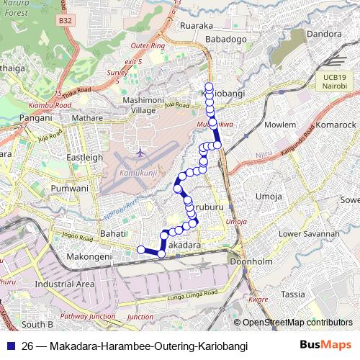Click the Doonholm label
pyautogui.click(x=248, y=261)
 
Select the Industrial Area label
pyautogui.click(x=65, y=284)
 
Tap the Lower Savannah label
pyautogui.click(x=309, y=234)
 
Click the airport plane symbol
pyautogui.click(x=140, y=153)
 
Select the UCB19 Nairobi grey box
pyautogui.click(x=335, y=81)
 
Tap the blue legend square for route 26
pyautogui.click(x=12, y=346)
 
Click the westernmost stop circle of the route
pyautogui.click(x=141, y=249)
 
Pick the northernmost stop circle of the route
pyautogui.click(x=209, y=86)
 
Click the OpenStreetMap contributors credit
pyautogui.click(x=297, y=323)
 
